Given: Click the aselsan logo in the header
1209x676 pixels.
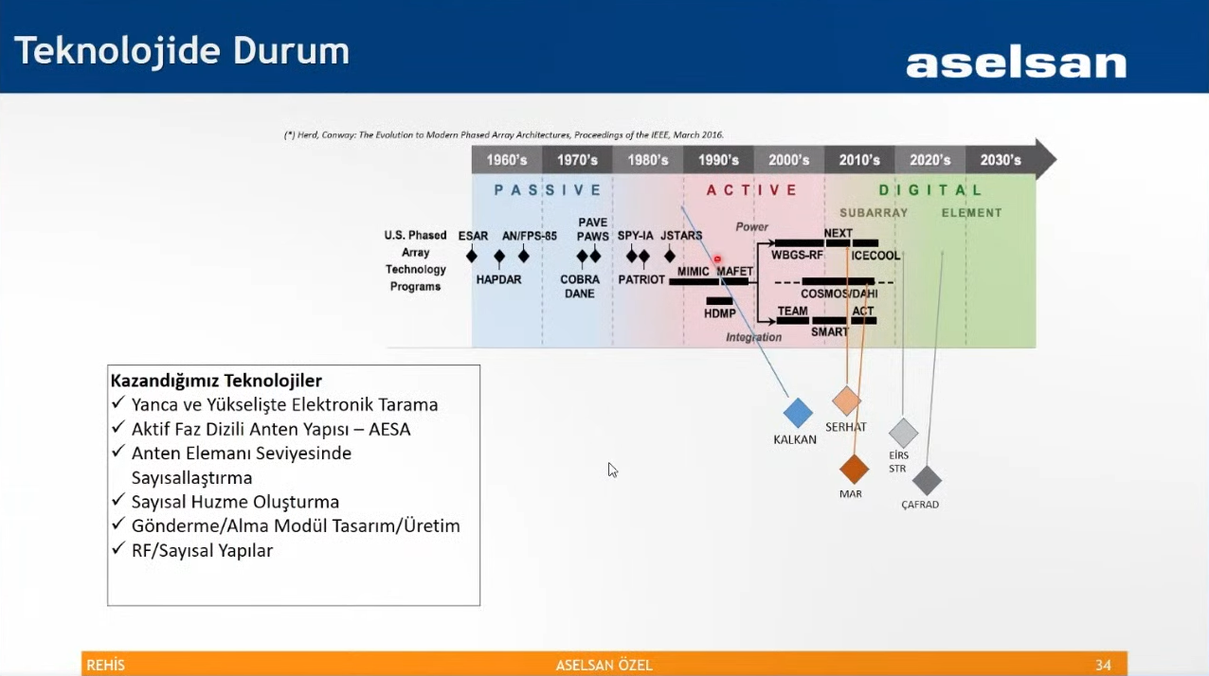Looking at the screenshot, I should (x=1016, y=63).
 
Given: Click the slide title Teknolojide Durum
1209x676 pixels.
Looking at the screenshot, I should (x=181, y=51).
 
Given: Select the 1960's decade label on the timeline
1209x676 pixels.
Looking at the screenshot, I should (x=507, y=160).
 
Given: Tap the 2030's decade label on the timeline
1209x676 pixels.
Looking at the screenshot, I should (x=1001, y=160).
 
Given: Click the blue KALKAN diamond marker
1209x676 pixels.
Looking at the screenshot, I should (x=798, y=413).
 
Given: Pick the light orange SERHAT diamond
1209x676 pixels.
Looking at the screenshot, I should (x=846, y=400).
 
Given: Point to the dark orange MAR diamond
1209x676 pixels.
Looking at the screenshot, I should (x=854, y=469).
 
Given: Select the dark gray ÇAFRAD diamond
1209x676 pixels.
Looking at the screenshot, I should (x=926, y=480).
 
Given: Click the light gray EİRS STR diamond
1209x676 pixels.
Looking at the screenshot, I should (x=903, y=433).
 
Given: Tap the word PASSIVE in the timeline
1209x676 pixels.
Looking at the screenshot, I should (x=547, y=190).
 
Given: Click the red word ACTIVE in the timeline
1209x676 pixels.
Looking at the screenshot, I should (x=752, y=190).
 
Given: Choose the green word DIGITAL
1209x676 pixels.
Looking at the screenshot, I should (x=930, y=190).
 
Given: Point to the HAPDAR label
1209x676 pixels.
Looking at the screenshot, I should (x=498, y=279).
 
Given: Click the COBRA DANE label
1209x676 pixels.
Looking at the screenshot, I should (x=580, y=287).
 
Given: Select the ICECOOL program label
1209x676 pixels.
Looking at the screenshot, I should (x=875, y=256).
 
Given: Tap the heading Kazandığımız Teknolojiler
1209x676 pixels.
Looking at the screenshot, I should (x=216, y=381).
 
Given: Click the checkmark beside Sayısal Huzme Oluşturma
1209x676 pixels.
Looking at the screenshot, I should (x=118, y=501).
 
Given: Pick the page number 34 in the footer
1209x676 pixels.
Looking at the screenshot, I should (x=1103, y=666).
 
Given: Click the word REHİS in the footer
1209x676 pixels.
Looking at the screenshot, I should (x=105, y=666).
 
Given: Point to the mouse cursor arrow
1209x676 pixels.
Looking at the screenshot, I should (x=612, y=470).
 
